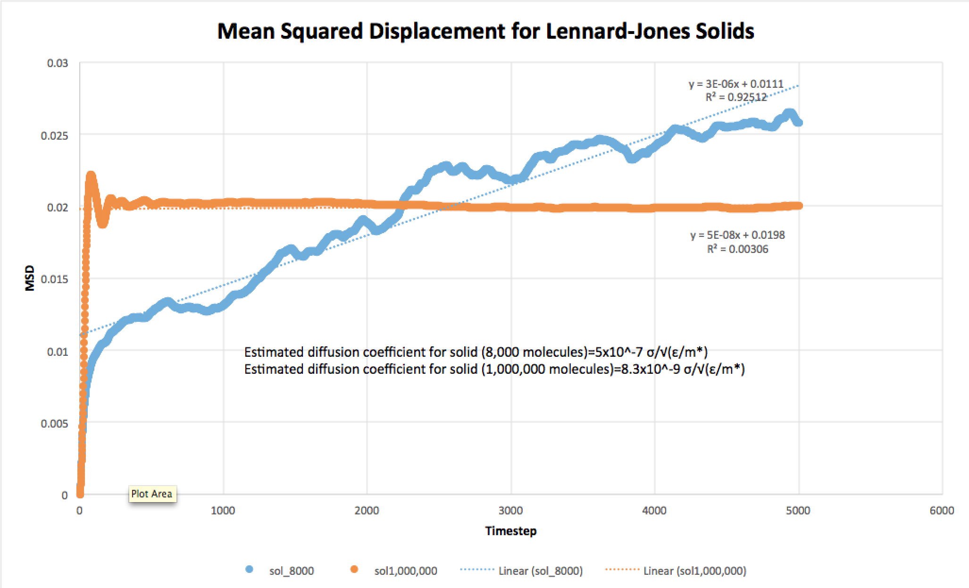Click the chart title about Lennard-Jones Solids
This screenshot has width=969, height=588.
[x=485, y=31]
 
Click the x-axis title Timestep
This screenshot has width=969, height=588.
[x=511, y=531]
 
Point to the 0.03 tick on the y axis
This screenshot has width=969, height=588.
[x=58, y=63]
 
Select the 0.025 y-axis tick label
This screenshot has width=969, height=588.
[x=55, y=136]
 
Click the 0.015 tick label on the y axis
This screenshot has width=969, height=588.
[x=55, y=279]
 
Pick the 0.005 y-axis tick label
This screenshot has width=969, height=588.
[x=55, y=423]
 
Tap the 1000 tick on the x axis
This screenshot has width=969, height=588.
[x=223, y=511]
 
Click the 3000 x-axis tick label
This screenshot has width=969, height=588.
[x=511, y=511]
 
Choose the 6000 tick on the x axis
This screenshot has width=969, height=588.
[x=942, y=511]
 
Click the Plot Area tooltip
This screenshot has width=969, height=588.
[x=151, y=494]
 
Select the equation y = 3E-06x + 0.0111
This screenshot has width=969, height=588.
[x=736, y=85]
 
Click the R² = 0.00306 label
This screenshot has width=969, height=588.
[x=737, y=249]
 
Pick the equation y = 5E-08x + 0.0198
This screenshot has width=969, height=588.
[x=738, y=235]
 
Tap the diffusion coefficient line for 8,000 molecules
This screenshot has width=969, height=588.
[x=476, y=353]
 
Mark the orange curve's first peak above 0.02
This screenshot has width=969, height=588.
[x=91, y=176]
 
